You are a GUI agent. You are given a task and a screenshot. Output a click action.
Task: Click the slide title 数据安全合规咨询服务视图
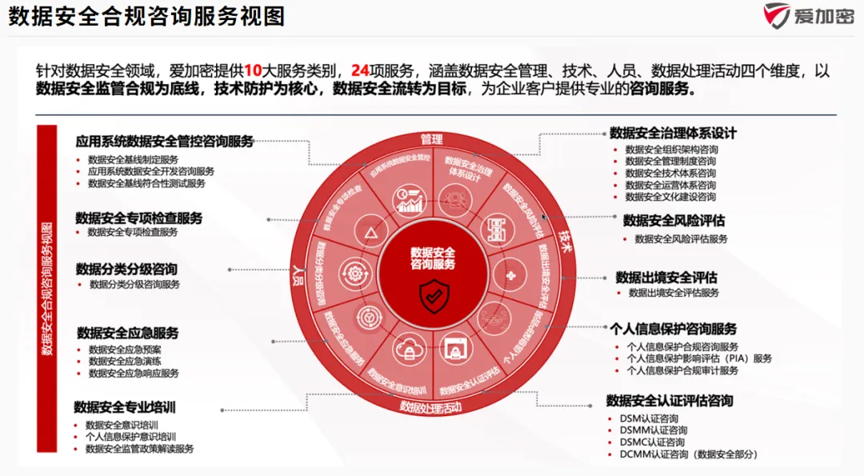(147, 17)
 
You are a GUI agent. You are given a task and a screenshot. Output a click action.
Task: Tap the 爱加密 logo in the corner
(807, 16)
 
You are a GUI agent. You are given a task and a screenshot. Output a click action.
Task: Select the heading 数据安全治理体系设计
(673, 133)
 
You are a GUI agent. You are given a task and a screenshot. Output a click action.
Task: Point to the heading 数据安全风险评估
(674, 220)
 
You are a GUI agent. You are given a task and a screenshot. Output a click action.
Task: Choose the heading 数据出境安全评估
(666, 277)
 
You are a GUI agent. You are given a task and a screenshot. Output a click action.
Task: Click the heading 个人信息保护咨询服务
(673, 329)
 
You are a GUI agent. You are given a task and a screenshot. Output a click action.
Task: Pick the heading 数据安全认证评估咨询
(670, 400)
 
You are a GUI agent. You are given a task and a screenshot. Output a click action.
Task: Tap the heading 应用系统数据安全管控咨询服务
(165, 142)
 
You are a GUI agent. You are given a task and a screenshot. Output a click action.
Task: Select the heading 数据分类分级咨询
(126, 268)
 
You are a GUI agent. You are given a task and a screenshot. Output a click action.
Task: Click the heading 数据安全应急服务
(128, 333)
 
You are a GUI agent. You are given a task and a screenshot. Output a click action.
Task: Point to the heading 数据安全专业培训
(125, 407)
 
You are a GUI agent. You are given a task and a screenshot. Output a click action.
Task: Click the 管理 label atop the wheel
(432, 139)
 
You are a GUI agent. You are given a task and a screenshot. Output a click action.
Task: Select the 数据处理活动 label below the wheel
(432, 406)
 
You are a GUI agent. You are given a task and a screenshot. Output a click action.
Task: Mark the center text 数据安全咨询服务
(433, 258)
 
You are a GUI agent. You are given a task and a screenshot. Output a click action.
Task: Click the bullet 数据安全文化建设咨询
(670, 196)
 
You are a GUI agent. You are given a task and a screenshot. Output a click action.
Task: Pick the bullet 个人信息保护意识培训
(130, 437)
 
